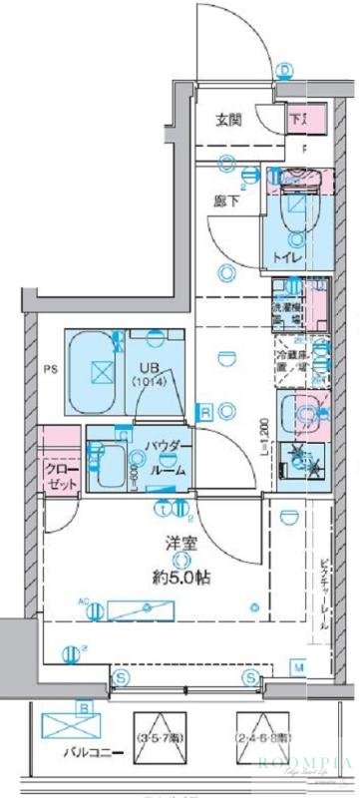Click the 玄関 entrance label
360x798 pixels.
tap(228, 122)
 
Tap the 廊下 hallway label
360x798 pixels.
tap(224, 199)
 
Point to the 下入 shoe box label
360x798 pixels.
tap(299, 121)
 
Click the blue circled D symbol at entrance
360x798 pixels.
tap(286, 69)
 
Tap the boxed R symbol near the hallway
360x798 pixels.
tap(203, 411)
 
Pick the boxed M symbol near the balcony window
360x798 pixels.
tap(298, 666)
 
